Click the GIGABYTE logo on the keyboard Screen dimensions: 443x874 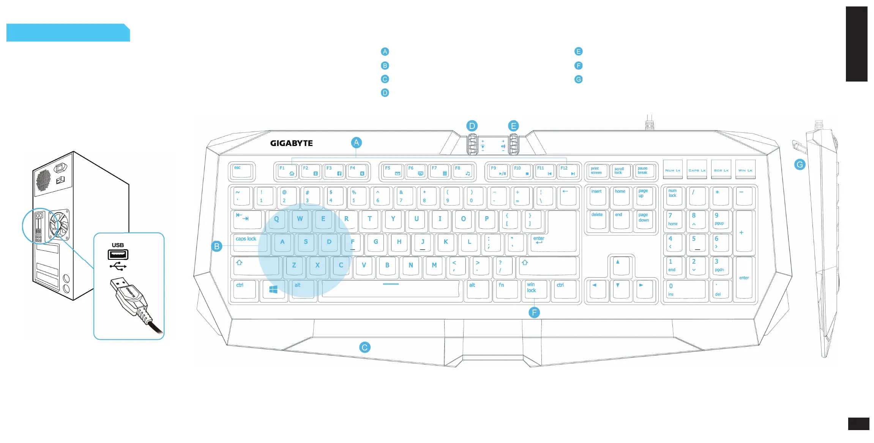pos(291,143)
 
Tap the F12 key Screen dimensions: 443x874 pos(568,171)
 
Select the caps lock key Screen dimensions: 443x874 pos(249,243)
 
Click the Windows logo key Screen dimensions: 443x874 pos(273,290)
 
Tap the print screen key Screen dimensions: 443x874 pos(597,171)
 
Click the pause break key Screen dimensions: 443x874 pos(644,171)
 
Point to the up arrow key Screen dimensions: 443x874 pos(620,265)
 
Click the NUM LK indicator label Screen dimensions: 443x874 pos(673,170)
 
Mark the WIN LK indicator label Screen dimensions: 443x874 pos(745,170)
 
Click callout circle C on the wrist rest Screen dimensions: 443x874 pos(364,347)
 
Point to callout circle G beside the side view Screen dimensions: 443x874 pos(800,165)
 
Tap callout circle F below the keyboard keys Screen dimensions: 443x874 pos(534,313)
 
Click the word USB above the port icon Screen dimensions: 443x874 pos(118,245)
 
